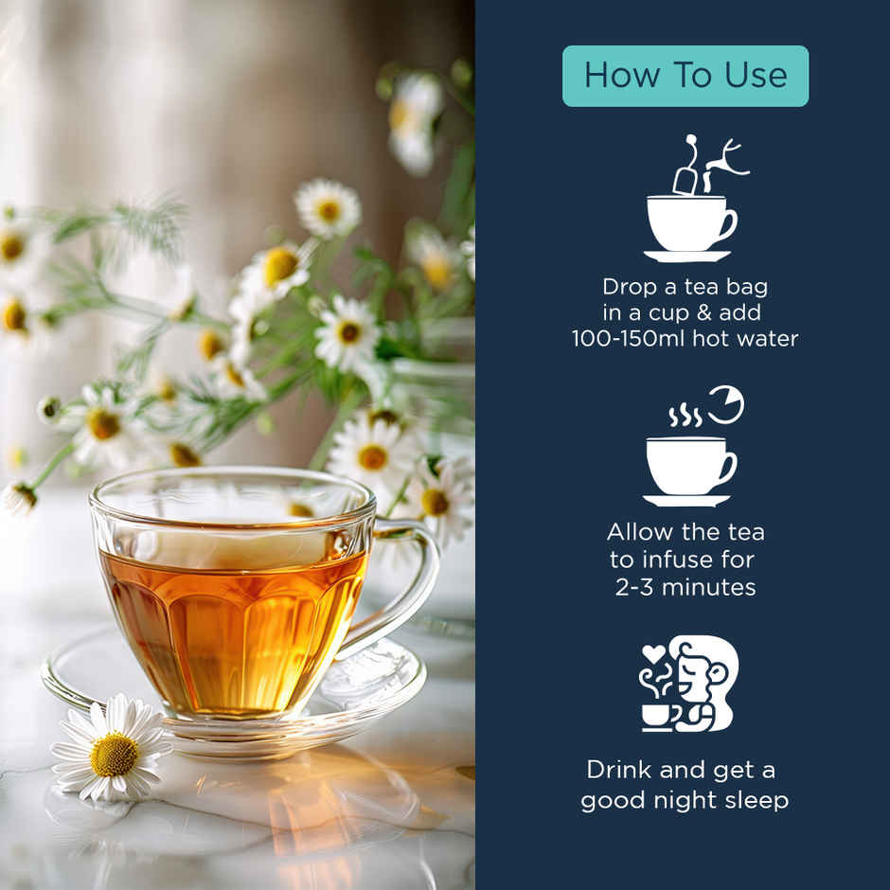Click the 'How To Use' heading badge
(x=685, y=76)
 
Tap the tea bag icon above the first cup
(x=685, y=176)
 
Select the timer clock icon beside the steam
(x=725, y=404)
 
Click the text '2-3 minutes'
(x=685, y=587)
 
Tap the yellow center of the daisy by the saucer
(x=115, y=754)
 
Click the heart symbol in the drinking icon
(x=650, y=652)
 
